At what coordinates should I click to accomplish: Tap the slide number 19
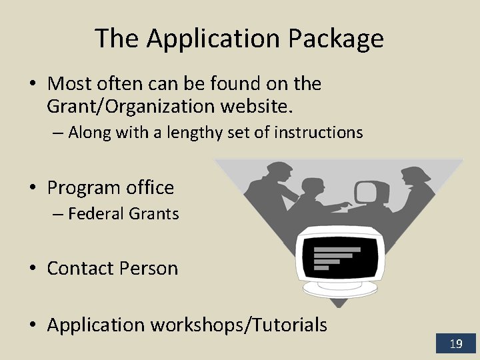(456, 344)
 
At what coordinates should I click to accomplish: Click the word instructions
(319, 133)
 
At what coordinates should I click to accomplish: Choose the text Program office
(111, 188)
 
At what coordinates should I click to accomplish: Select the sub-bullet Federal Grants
(123, 214)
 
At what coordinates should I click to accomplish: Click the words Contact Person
(113, 269)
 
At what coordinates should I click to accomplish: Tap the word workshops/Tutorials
(239, 325)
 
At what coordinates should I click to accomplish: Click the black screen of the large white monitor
(341, 254)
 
